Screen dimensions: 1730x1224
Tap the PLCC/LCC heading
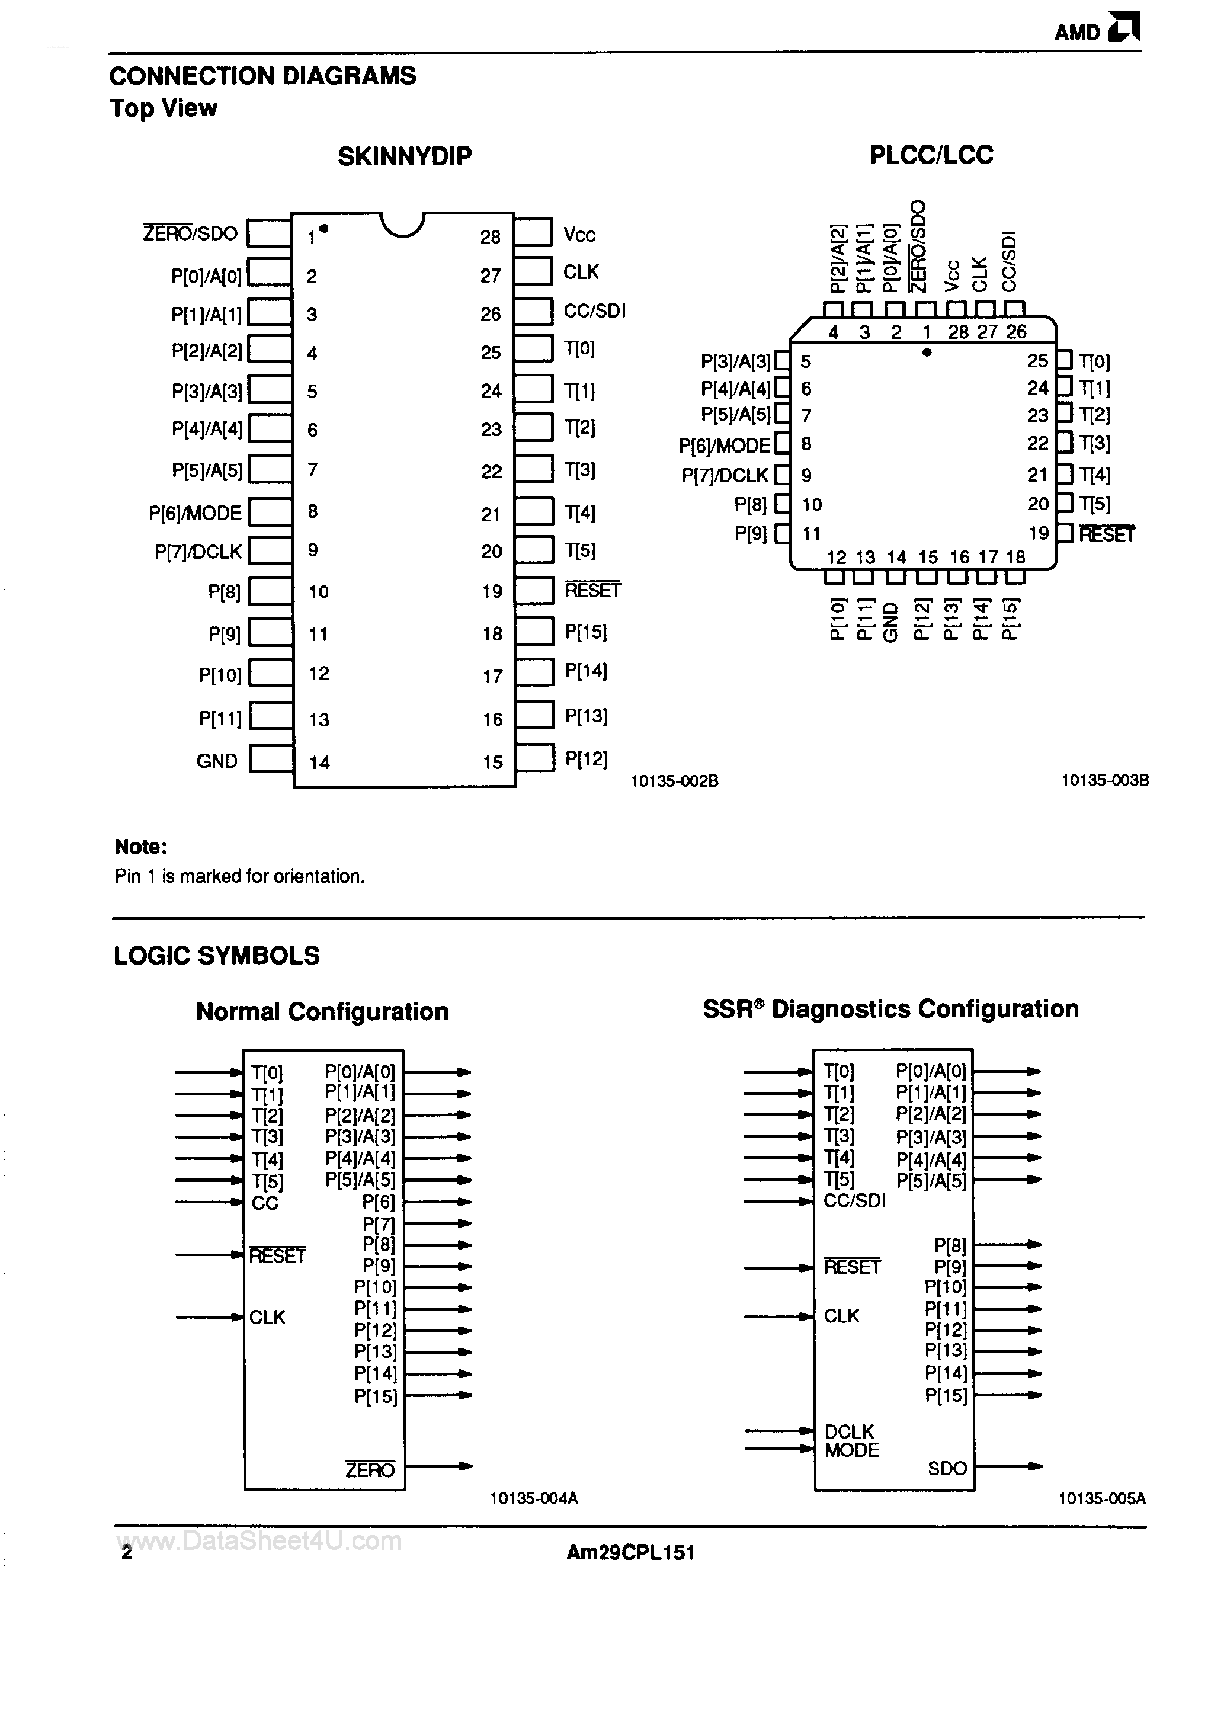[931, 155]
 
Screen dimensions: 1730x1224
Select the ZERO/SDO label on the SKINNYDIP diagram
[190, 233]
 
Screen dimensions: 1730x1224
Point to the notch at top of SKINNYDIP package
[403, 225]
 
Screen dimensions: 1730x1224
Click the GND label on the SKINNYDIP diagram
[216, 761]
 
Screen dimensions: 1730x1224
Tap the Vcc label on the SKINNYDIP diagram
[579, 235]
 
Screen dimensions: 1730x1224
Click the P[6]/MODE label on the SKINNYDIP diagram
[195, 513]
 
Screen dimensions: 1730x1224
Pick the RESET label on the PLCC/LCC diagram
[1107, 534]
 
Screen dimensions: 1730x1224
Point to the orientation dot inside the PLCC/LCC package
[927, 352]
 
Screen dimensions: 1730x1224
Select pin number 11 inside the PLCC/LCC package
[811, 533]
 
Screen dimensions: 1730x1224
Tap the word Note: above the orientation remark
[141, 847]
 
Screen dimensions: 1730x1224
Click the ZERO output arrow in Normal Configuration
[438, 1466]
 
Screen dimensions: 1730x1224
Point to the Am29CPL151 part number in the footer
[630, 1552]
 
